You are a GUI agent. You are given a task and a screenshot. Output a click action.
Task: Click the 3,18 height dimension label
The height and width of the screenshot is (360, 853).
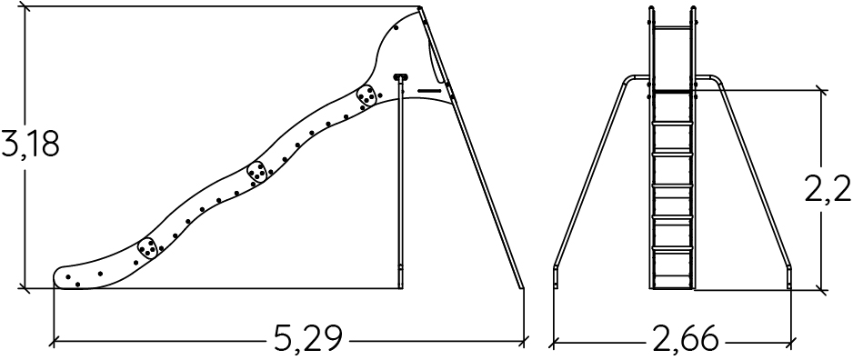(x=31, y=145)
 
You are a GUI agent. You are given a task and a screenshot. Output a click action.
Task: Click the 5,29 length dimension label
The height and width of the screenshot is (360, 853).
(x=308, y=339)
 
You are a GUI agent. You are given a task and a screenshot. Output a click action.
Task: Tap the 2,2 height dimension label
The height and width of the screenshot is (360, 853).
(x=828, y=187)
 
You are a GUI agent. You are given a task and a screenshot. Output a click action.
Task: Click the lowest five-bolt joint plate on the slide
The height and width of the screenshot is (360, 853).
(x=147, y=247)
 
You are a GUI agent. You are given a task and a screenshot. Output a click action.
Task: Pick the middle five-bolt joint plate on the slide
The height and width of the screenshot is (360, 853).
(x=256, y=172)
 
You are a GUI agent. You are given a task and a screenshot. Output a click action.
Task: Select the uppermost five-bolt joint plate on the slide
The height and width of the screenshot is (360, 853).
(x=366, y=95)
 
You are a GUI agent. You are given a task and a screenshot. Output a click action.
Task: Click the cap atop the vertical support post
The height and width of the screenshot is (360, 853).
(x=400, y=77)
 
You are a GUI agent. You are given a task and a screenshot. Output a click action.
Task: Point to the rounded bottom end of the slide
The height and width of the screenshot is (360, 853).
(x=61, y=277)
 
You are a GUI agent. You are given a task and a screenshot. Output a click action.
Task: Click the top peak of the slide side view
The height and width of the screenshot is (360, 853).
(x=420, y=7)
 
